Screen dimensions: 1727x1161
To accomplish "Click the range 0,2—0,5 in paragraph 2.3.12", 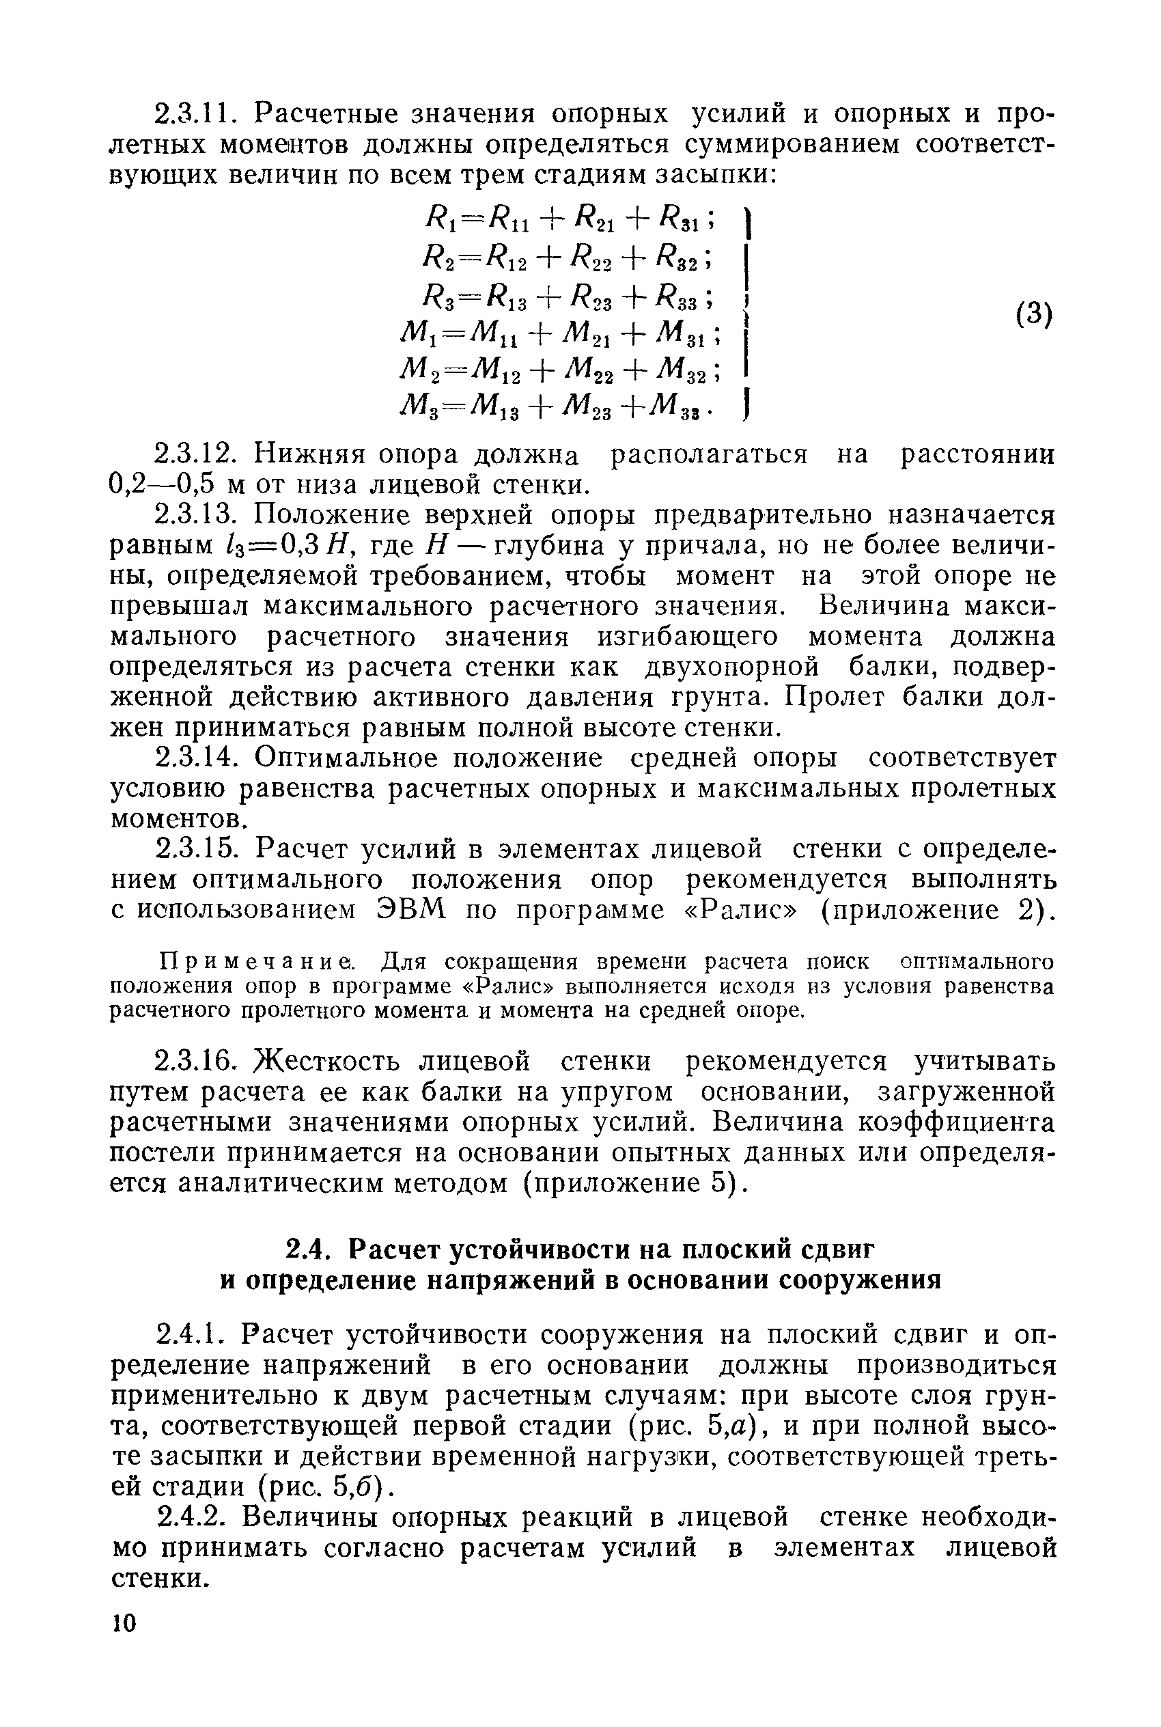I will click(x=162, y=484).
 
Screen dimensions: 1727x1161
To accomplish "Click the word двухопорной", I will click(x=732, y=667).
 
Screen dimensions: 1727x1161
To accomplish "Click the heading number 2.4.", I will click(x=306, y=1249).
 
